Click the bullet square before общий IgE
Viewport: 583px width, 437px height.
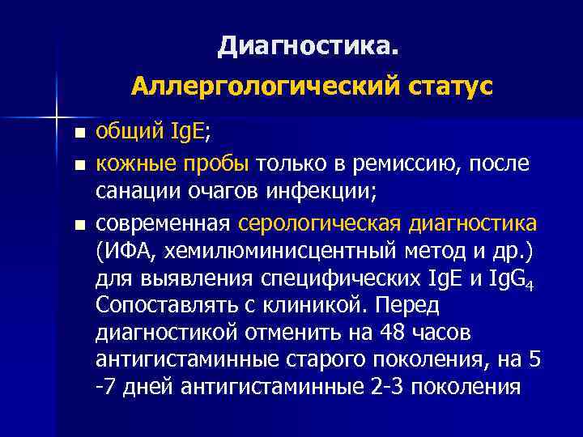78,134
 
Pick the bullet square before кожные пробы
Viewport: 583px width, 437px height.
78,165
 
